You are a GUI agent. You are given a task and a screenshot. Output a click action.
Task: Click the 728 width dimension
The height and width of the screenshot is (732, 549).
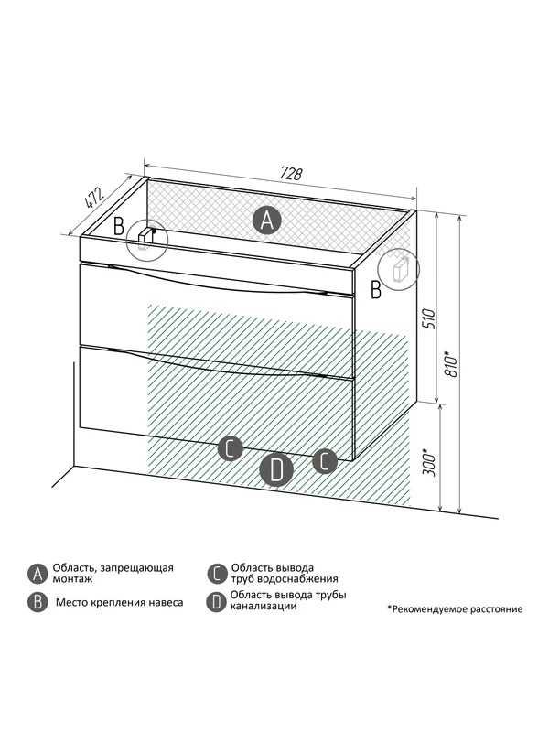(291, 174)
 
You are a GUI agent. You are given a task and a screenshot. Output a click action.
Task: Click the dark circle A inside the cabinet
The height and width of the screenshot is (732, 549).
(267, 220)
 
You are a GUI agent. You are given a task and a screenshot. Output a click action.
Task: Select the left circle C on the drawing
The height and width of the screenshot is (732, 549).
(230, 449)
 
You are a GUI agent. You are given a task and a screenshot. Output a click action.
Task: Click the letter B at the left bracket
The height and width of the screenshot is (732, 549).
(119, 227)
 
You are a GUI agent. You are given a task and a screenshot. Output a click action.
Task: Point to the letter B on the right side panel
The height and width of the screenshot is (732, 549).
(376, 290)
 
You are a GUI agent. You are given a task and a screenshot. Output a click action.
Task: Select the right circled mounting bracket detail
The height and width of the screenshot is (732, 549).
(400, 268)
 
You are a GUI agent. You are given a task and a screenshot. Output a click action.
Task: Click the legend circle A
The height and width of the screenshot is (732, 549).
(37, 573)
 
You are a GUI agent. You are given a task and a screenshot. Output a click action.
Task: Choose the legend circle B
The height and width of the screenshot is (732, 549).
(37, 602)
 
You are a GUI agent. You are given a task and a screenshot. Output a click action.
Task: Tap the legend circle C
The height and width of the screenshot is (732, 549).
(216, 574)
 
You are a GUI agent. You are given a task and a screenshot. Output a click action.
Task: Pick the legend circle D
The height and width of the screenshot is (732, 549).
(216, 602)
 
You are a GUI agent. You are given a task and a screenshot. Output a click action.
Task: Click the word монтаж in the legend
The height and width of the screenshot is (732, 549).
(72, 579)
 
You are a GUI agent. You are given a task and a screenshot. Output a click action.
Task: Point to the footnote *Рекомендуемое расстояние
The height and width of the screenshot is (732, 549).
(455, 608)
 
